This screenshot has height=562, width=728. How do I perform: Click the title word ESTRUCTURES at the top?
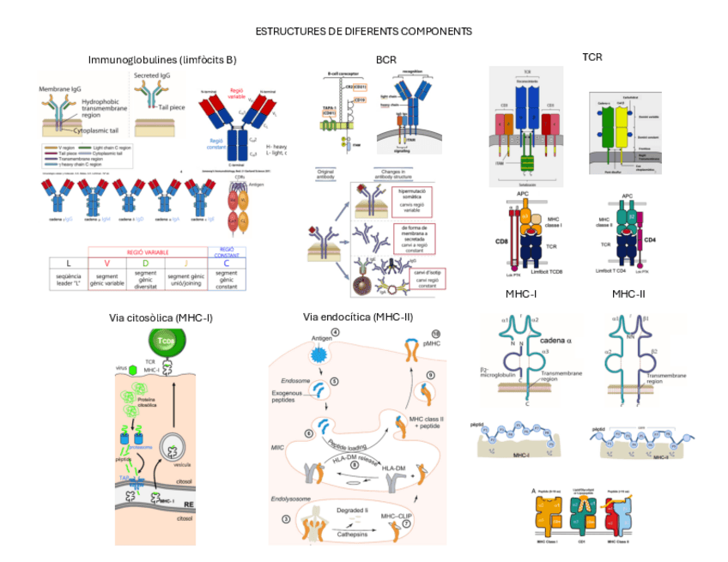pos(288,31)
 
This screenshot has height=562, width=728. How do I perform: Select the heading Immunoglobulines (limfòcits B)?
pos(162,59)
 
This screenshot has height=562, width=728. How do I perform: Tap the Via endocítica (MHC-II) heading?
pos(358,317)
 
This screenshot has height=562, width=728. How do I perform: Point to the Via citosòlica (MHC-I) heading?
pos(161,317)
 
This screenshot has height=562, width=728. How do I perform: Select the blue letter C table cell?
pos(227,264)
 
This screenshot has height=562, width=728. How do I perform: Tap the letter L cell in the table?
pos(68,264)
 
